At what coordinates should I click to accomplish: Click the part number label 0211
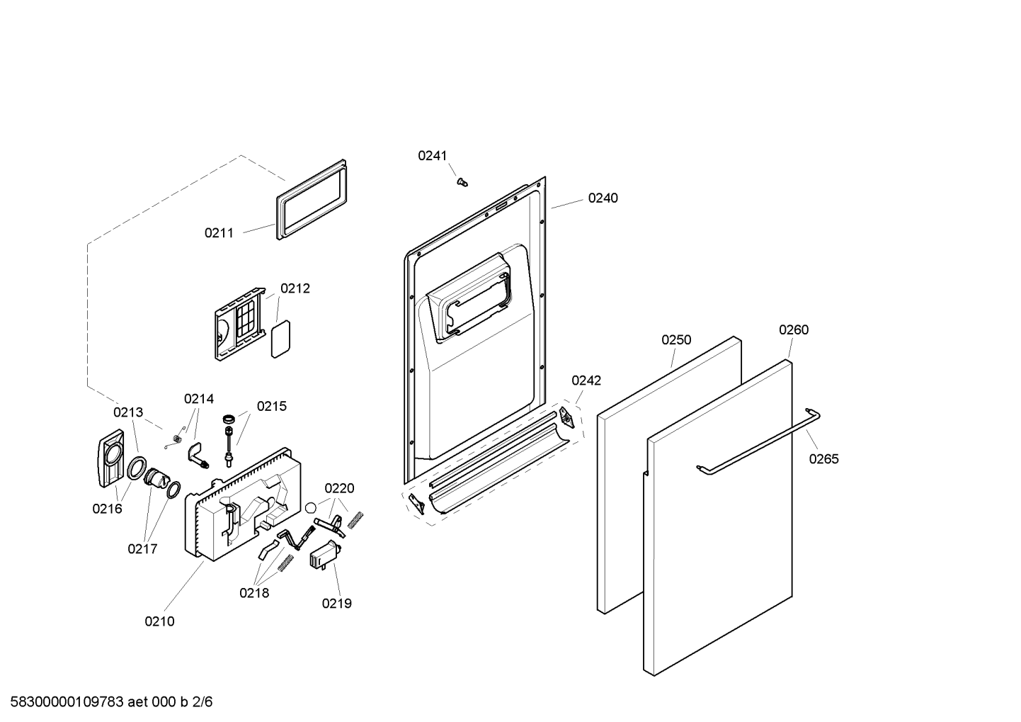tap(219, 232)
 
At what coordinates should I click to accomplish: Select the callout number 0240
tap(603, 198)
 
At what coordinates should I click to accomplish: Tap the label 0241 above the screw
tap(432, 156)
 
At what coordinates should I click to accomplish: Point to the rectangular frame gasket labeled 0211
tap(312, 201)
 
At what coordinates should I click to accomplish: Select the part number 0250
tap(676, 340)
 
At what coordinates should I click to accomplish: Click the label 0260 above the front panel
tap(794, 329)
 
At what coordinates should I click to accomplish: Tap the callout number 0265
tap(823, 459)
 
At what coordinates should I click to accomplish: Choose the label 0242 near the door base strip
tap(586, 380)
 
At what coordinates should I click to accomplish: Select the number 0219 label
tap(336, 604)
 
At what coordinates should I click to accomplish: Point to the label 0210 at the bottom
tap(159, 621)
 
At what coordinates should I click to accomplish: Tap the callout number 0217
tap(142, 548)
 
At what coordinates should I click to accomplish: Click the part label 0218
tap(254, 593)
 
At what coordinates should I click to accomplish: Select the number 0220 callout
tap(339, 488)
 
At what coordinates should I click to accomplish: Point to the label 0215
tap(271, 406)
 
